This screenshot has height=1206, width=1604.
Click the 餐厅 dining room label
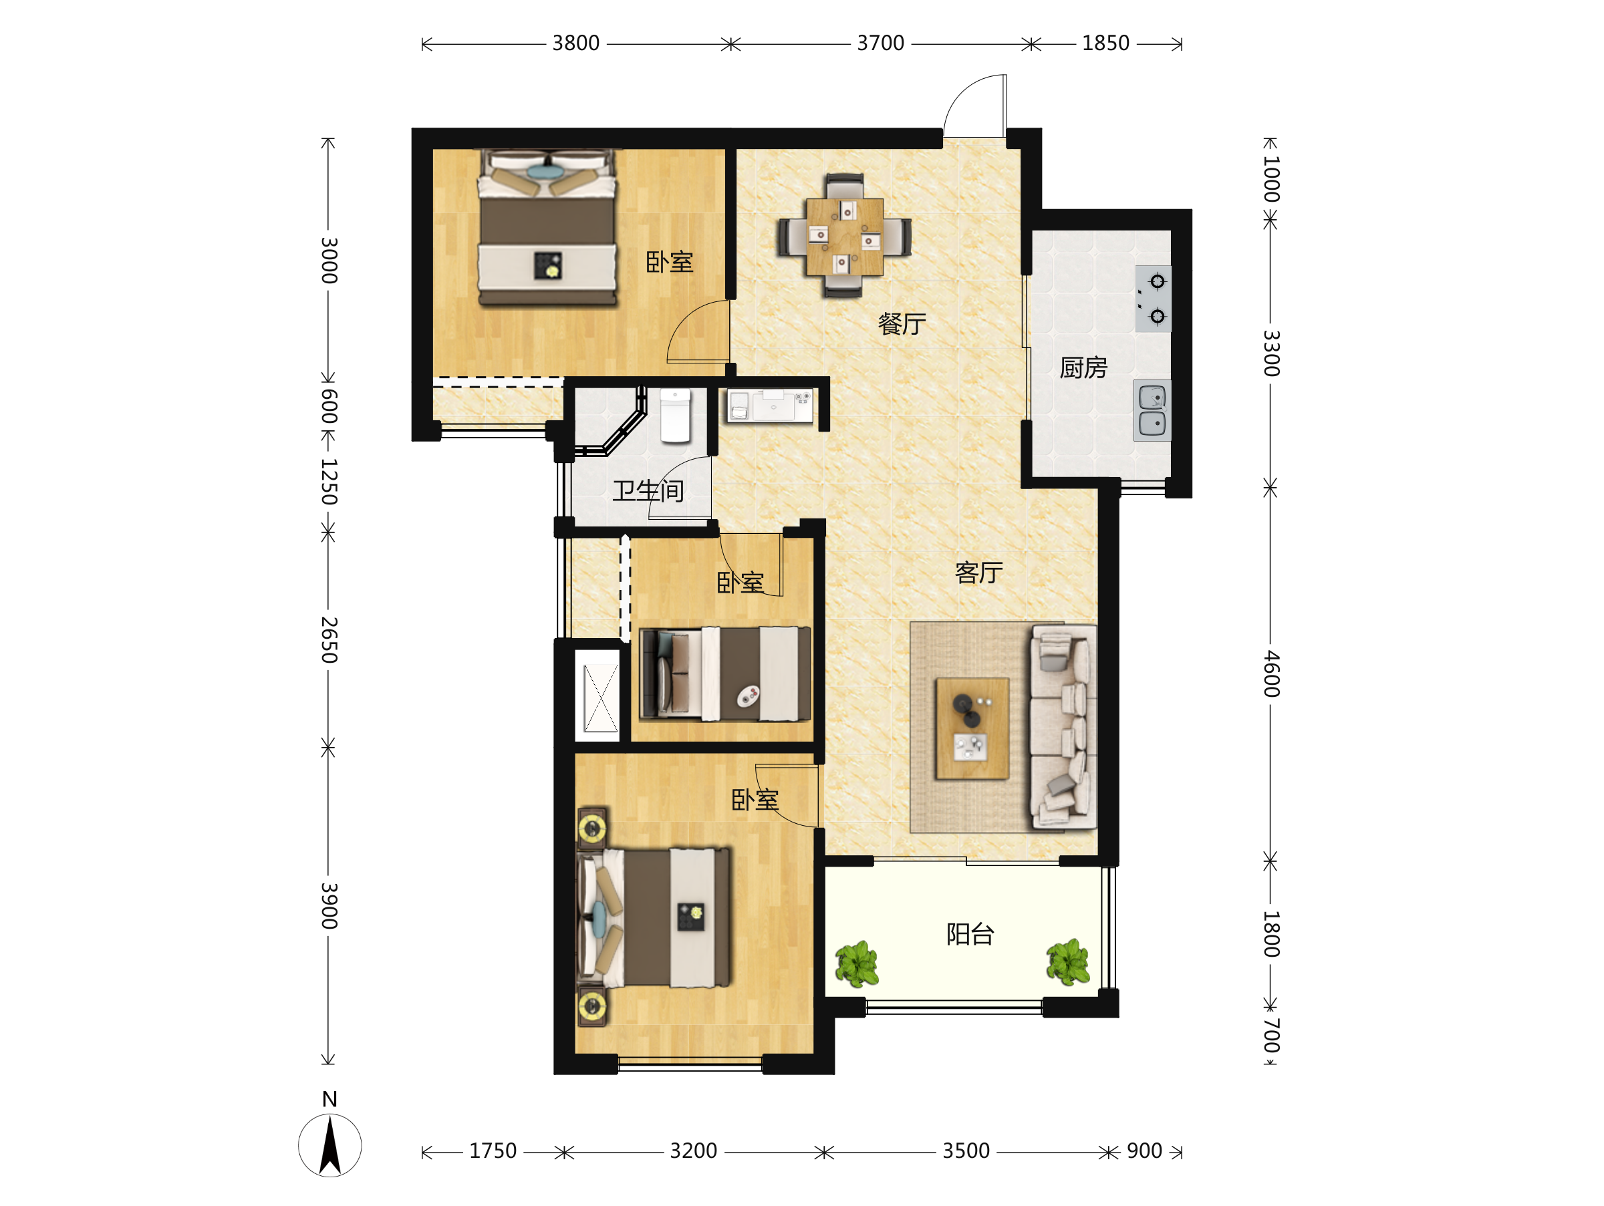(x=902, y=324)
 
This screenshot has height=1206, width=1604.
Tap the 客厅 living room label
(x=979, y=573)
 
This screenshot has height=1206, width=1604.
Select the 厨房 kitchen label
(x=1083, y=368)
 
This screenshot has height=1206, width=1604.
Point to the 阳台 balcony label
(x=970, y=934)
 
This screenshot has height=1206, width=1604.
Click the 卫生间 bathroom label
(x=648, y=491)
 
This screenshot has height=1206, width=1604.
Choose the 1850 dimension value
(x=1106, y=43)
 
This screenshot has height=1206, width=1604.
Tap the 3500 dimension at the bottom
(x=966, y=1151)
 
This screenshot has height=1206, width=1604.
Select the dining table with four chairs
(x=845, y=237)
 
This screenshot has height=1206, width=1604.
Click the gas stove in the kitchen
(x=1153, y=299)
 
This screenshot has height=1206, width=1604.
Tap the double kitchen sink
(x=1152, y=410)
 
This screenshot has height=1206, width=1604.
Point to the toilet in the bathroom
(x=675, y=416)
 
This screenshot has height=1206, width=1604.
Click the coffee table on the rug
(x=972, y=728)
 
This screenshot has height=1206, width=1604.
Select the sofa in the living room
(x=1063, y=726)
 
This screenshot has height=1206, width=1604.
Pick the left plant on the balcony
(x=857, y=964)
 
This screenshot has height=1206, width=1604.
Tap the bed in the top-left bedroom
(x=547, y=229)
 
